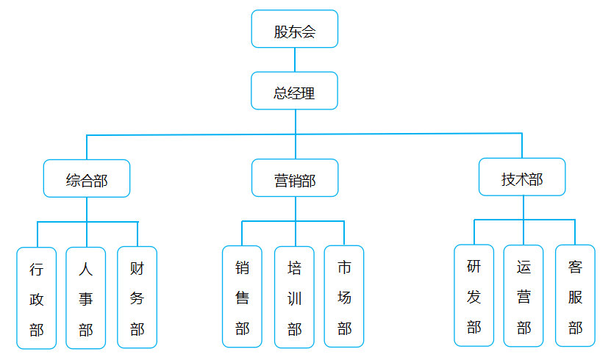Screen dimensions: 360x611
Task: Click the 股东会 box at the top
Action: [x=295, y=29]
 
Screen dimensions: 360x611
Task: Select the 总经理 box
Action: [x=295, y=91]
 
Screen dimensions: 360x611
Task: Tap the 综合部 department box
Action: [x=87, y=179]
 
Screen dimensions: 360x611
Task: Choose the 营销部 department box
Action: [x=295, y=179]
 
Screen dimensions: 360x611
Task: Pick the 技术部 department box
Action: [x=522, y=177]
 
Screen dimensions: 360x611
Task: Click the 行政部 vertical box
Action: [x=36, y=298]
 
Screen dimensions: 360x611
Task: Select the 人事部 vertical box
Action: [x=86, y=298]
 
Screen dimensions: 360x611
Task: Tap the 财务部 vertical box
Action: [x=137, y=297]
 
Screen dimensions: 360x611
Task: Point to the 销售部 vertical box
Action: [x=242, y=296]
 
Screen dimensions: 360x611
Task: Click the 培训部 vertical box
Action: [x=294, y=296]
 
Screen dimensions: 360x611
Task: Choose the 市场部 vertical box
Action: [x=344, y=296]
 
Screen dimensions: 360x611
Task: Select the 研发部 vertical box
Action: [x=474, y=295]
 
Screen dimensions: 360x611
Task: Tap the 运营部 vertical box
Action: [x=524, y=295]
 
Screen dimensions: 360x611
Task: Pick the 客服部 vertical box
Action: [x=575, y=295]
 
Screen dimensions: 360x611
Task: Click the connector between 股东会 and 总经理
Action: [x=295, y=60]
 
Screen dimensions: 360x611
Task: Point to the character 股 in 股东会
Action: [x=281, y=31]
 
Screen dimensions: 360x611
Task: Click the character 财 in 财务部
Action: [x=137, y=267]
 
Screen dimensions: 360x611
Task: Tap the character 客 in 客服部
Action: [x=575, y=266]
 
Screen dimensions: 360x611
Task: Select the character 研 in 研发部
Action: [x=474, y=266]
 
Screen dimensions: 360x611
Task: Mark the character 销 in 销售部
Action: [x=242, y=267]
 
